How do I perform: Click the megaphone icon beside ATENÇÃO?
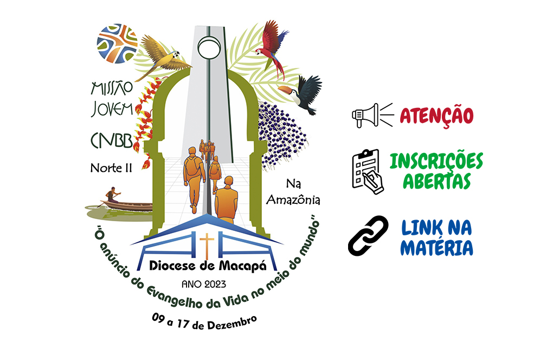pos(372,115)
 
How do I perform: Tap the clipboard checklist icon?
pos(368,171)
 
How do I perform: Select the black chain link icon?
pos(368,236)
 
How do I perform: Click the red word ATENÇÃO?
pos(436,115)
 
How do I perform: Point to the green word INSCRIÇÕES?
pos(436,161)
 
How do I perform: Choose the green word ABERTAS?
pos(436,181)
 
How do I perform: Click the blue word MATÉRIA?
pos(436,247)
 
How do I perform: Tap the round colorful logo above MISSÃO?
pos(117,43)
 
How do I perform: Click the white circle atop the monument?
pos(209,48)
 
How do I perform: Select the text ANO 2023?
pos(204,284)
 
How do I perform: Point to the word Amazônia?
pos(293,200)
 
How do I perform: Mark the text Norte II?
pos(111,168)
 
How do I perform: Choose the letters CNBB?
pos(112,140)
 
